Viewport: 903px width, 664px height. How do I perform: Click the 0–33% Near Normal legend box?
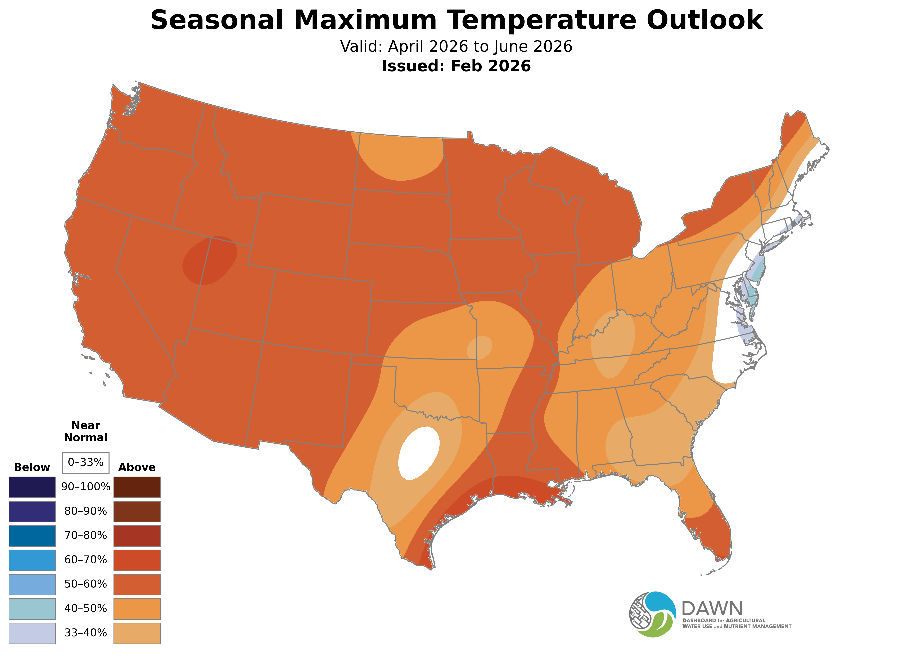coord(85,462)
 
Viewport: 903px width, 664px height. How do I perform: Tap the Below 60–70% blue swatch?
coord(32,560)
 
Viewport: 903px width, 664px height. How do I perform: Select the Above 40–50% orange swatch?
coord(137,609)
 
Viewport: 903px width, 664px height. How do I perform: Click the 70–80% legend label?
coord(85,535)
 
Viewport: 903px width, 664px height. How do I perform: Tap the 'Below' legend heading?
coord(32,467)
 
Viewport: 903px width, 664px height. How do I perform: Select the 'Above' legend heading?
coord(137,467)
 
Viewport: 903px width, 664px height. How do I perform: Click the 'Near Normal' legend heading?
coord(85,431)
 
